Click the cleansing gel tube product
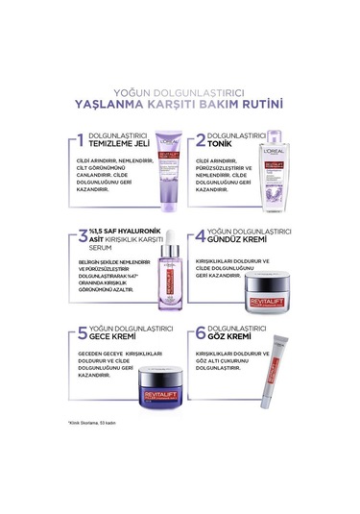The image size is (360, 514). coord(145,177)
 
